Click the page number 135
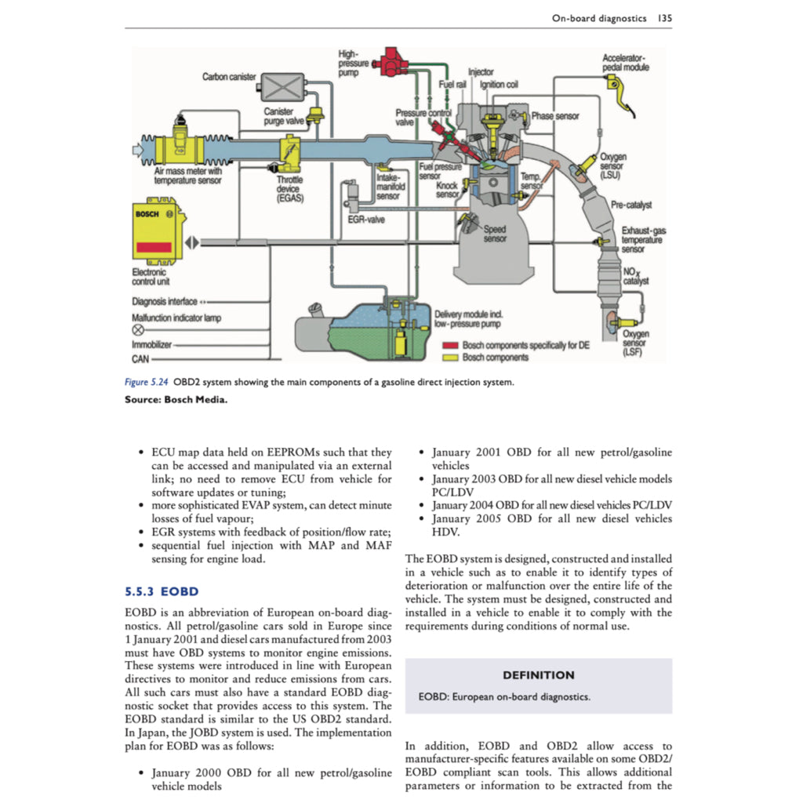coord(664,17)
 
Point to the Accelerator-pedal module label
coord(625,64)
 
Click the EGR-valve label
coord(365,220)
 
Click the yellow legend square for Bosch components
coord(450,358)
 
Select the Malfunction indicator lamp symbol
coord(137,331)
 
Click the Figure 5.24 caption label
coord(146,382)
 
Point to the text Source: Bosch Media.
coord(170,400)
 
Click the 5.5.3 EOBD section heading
coord(162,591)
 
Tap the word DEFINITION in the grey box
coord(538,675)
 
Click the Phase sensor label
coord(555,116)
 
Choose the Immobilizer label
coord(151,344)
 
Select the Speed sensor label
coord(494,234)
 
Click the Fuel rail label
coord(452,83)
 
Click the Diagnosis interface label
coord(165,302)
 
